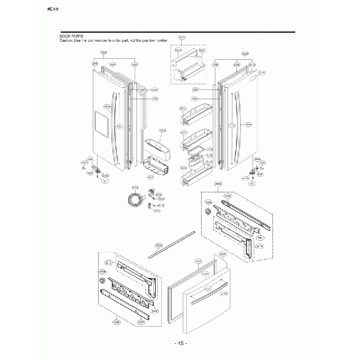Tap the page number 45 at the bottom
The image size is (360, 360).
(181, 343)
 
